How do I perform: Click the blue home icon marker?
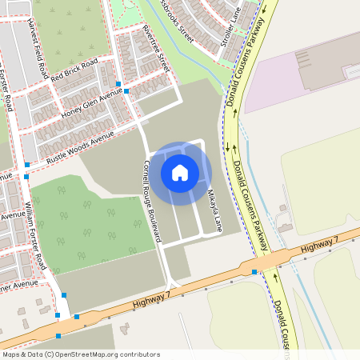click(x=180, y=172)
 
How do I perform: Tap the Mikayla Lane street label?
click(x=212, y=209)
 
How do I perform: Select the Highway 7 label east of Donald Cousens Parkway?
click(x=320, y=246)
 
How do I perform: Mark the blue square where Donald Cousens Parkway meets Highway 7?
click(x=254, y=273)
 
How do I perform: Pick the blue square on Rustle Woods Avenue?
click(x=27, y=165)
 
